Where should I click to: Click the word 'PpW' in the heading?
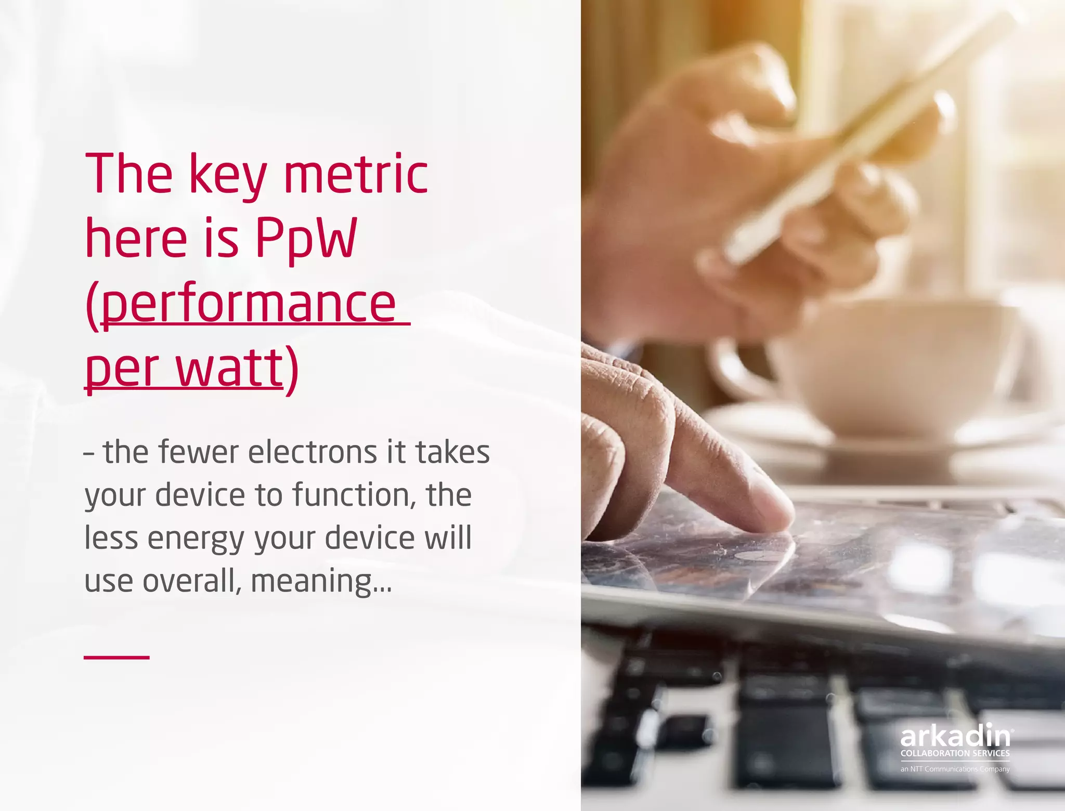point(306,239)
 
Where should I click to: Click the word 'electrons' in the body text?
point(312,452)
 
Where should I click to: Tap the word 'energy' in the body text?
point(196,539)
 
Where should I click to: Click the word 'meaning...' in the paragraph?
point(320,581)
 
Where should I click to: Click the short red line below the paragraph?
point(116,658)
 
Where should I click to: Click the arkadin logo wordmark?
point(955,736)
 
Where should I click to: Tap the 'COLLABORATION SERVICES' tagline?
point(955,753)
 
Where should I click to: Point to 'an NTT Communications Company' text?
point(955,769)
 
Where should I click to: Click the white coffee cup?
point(894,364)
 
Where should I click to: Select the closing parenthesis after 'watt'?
point(293,369)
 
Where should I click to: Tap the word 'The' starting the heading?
point(128,174)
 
